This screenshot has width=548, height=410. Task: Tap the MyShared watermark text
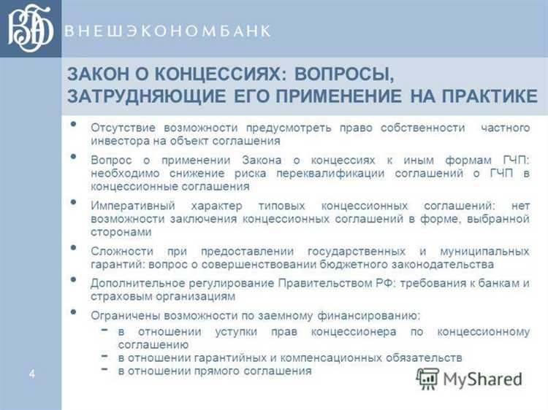482,379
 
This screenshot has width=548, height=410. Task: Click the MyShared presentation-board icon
427,378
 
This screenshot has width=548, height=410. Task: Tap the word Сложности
120,250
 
